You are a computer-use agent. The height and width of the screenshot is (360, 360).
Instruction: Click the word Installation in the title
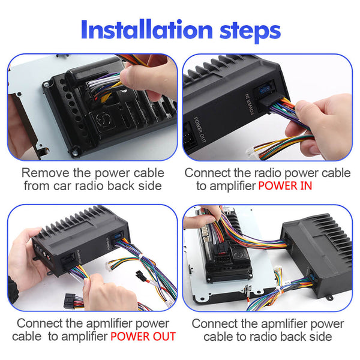point(147,30)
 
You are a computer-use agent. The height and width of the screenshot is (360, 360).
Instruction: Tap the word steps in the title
point(250,31)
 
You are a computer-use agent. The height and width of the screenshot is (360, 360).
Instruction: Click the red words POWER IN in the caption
point(285,186)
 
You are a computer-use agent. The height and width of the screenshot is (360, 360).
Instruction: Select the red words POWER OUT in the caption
point(143,337)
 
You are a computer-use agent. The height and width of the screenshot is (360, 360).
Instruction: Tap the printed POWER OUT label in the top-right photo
point(199,129)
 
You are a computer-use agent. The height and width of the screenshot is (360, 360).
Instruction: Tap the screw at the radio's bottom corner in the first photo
point(75,152)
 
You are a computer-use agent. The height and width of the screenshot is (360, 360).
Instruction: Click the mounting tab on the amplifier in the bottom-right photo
point(329,298)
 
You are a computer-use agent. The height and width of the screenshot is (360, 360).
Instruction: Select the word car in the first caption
point(62,186)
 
